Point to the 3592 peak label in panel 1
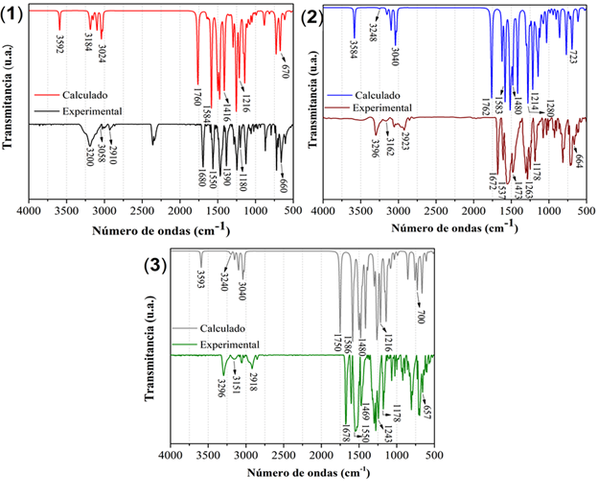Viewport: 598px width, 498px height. [x=59, y=45]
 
